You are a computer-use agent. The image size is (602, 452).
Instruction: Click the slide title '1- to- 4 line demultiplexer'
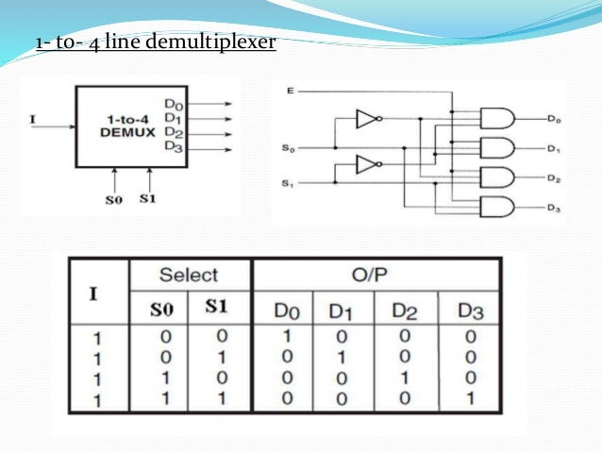coord(155,43)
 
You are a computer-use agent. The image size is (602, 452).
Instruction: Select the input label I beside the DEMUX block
coord(33,119)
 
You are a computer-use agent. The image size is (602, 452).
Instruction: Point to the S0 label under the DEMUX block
coord(113,198)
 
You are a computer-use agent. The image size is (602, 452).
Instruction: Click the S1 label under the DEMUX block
coord(148,198)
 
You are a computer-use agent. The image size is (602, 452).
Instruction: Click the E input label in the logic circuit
coord(290,91)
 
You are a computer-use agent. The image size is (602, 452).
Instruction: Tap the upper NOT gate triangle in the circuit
coord(367,119)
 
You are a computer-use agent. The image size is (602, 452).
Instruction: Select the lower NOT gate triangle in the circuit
coord(367,165)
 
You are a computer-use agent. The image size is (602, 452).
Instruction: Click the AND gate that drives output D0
coord(497,118)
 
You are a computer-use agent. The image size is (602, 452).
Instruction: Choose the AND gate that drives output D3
coord(497,208)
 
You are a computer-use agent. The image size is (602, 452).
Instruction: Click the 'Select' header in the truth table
coord(188,276)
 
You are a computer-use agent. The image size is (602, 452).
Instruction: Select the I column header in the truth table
coord(94,293)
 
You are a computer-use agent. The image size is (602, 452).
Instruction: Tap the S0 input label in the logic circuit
coord(290,148)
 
